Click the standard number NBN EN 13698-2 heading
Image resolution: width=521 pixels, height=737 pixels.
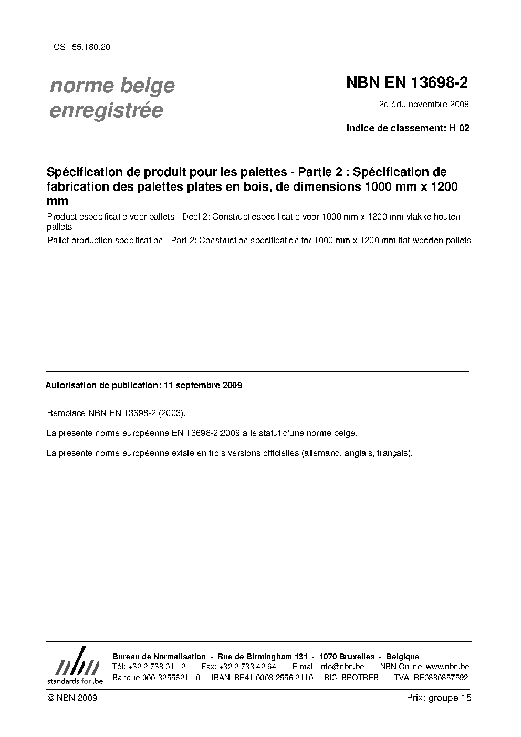[x=407, y=83]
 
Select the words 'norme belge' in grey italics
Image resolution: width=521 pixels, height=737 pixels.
[x=112, y=86]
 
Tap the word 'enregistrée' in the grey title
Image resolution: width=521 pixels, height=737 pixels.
[x=106, y=111]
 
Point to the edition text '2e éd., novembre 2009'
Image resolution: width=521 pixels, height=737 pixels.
[x=424, y=104]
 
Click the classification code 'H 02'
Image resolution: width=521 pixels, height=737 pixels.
[x=459, y=128]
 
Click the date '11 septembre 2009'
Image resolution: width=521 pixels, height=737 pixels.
[x=203, y=385]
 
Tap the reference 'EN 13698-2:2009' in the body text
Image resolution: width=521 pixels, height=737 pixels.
[x=206, y=433]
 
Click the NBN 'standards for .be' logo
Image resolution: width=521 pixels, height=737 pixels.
[x=75, y=666]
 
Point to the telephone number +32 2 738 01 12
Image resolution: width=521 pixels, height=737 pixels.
[x=156, y=667]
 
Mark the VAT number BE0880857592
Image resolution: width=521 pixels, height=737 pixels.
[x=441, y=677]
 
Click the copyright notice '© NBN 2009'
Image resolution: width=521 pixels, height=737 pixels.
[x=72, y=698]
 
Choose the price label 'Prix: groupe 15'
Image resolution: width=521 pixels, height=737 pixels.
[x=439, y=698]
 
